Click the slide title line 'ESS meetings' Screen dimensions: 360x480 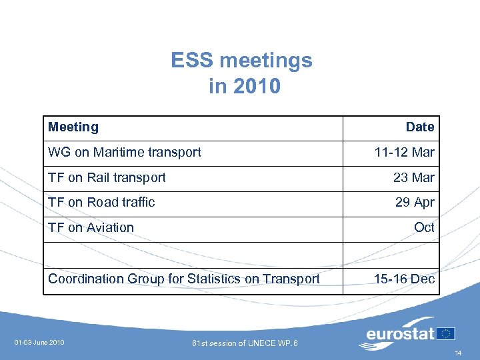click(x=241, y=61)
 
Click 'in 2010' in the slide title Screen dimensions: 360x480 click(x=244, y=87)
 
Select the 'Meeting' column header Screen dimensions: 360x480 click(x=73, y=127)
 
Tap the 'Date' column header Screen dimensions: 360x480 click(x=420, y=127)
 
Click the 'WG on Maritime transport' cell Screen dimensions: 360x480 click(x=124, y=152)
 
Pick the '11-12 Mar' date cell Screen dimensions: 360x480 click(x=404, y=152)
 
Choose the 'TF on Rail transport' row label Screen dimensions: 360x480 click(x=107, y=177)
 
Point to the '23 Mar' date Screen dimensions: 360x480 click(x=413, y=177)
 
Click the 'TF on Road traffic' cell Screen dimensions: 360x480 click(x=101, y=202)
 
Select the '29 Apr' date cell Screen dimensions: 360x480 click(x=414, y=202)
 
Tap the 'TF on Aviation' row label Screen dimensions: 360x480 click(x=91, y=227)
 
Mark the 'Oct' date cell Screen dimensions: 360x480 click(x=424, y=227)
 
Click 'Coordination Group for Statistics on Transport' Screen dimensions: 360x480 click(x=184, y=279)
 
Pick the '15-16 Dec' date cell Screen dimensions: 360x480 click(x=404, y=279)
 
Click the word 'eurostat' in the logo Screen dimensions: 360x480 click(x=400, y=333)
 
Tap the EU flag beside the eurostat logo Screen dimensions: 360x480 click(x=445, y=333)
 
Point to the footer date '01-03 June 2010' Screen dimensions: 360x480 click(x=39, y=343)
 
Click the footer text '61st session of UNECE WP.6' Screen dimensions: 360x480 click(x=245, y=343)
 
